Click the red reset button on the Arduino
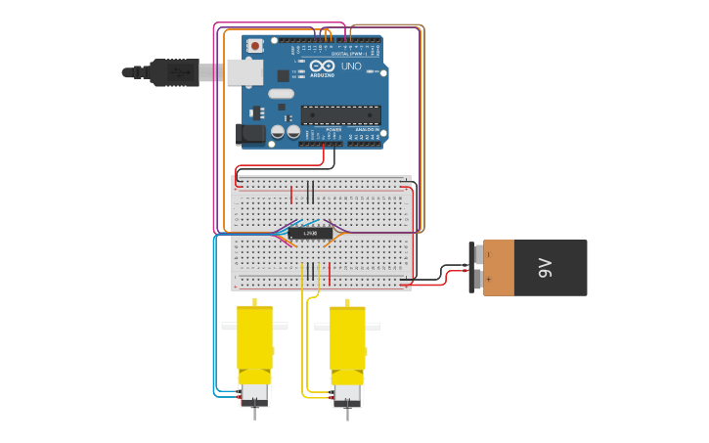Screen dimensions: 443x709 tap(255, 45)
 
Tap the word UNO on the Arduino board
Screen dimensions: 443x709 tap(351, 66)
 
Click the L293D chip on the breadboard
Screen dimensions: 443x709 tap(309, 233)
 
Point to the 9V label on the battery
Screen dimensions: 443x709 tap(546, 268)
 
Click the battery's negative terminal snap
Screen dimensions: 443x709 tap(477, 255)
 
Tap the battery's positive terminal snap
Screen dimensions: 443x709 tap(477, 280)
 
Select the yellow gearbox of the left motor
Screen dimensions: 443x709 tap(254, 337)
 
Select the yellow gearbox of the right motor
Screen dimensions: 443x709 tap(347, 337)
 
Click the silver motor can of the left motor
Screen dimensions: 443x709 tap(255, 394)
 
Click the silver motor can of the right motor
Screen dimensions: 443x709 tap(347, 394)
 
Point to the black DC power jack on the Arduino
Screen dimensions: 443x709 tap(250, 135)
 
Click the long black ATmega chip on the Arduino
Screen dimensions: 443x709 tap(340, 114)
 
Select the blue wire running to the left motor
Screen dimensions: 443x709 tap(214, 323)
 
